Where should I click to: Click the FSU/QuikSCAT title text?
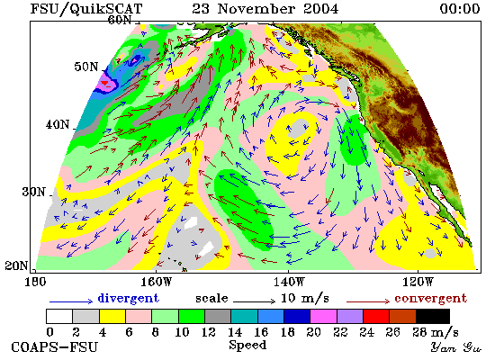point(86,9)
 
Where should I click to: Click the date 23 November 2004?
point(265,8)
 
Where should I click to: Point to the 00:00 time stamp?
point(460,8)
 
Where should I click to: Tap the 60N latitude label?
point(120,20)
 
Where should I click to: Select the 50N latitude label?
point(86,67)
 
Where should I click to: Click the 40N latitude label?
point(58,124)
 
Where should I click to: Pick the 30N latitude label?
point(34,192)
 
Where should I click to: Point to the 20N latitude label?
point(16,265)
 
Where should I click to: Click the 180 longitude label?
point(35,282)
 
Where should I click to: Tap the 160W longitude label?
point(157,282)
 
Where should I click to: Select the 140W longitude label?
point(289,282)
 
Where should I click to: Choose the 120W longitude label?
point(418,282)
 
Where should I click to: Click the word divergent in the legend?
point(129,299)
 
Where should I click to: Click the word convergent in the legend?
point(430,299)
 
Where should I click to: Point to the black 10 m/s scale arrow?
point(254,301)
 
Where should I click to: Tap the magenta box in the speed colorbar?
point(324,317)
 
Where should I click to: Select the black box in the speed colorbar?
point(433,317)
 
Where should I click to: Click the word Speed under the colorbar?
point(247,346)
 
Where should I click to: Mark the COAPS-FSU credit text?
point(54,347)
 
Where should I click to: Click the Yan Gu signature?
point(456,347)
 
